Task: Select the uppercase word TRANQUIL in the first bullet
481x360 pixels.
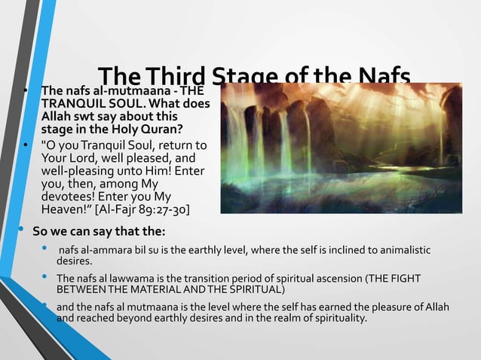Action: coord(72,105)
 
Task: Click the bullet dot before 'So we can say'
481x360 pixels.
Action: coord(23,227)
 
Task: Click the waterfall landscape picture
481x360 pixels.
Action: coord(341,148)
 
